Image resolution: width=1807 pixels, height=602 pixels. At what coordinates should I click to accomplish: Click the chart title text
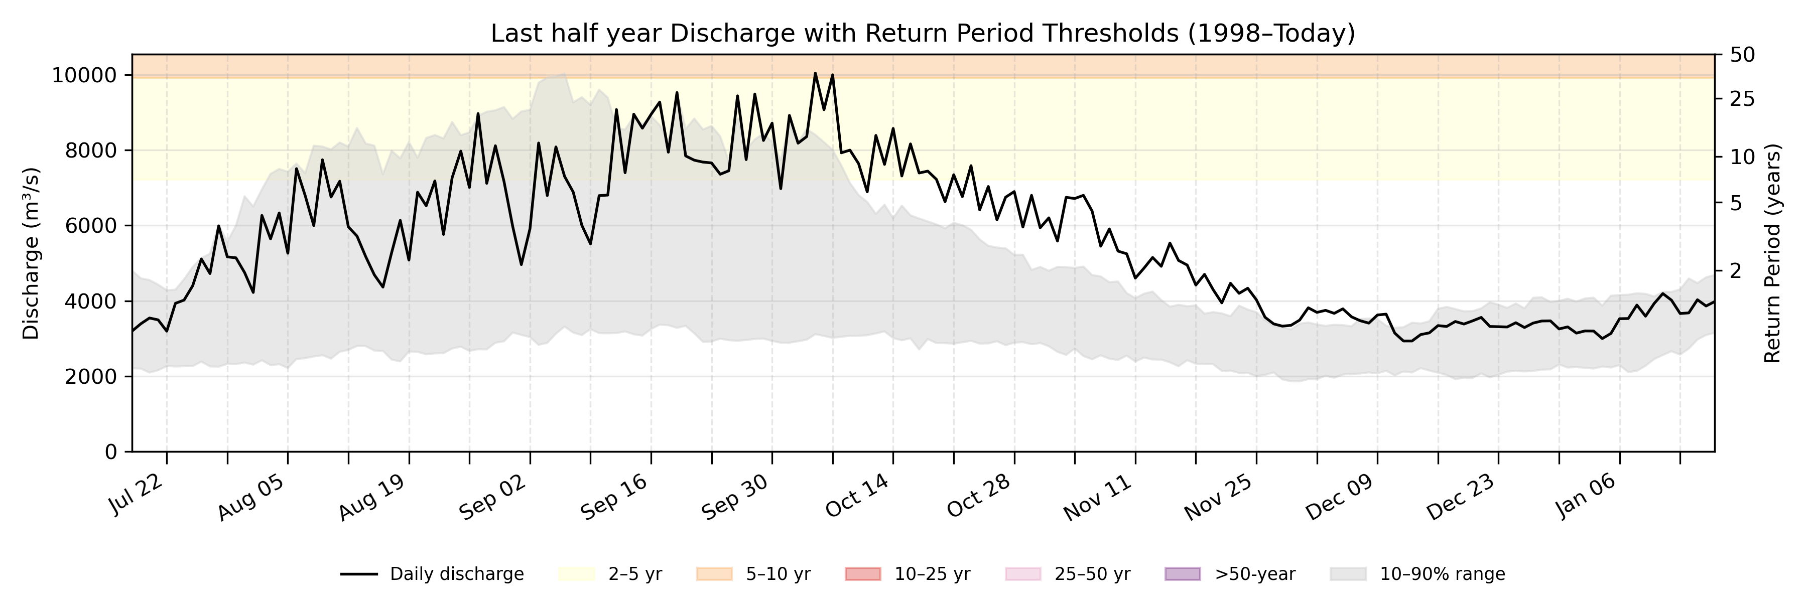[x=923, y=33]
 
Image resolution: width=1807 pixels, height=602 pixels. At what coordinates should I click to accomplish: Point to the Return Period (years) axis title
[x=1773, y=253]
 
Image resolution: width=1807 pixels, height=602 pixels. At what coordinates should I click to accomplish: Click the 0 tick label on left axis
[x=111, y=452]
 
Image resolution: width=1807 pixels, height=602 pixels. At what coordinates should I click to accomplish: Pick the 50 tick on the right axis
[x=1742, y=55]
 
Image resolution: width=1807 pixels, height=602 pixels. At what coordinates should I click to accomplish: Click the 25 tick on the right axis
[x=1742, y=99]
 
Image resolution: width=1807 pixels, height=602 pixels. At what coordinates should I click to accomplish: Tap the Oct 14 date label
[x=857, y=496]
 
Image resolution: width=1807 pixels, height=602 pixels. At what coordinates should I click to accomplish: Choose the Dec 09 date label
[x=1339, y=497]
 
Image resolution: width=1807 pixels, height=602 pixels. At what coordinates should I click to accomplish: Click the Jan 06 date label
[x=1587, y=496]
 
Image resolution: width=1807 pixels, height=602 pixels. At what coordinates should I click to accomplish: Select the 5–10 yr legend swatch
[x=714, y=574]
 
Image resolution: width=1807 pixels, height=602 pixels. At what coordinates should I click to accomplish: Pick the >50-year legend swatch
[x=1182, y=574]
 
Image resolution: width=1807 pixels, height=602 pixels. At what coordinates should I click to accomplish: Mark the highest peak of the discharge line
[x=815, y=73]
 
